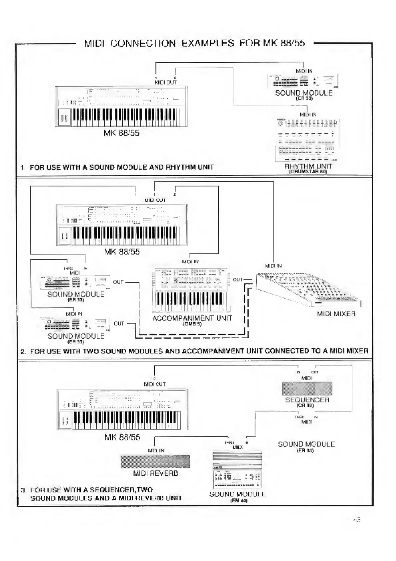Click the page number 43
pyautogui.click(x=357, y=519)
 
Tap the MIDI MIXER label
pyautogui.click(x=336, y=314)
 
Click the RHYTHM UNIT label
pyautogui.click(x=308, y=166)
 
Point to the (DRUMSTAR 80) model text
pyautogui.click(x=308, y=172)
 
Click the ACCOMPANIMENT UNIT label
pyautogui.click(x=192, y=318)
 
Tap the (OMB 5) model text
pyautogui.click(x=192, y=324)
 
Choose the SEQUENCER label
pyautogui.click(x=307, y=400)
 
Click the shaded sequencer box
pyautogui.click(x=307, y=389)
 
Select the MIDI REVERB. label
pyautogui.click(x=156, y=473)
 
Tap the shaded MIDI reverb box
pyautogui.click(x=155, y=461)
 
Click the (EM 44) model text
pyautogui.click(x=238, y=501)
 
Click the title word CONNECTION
pyautogui.click(x=143, y=43)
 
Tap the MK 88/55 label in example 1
pyautogui.click(x=121, y=133)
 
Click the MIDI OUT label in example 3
pyautogui.click(x=154, y=384)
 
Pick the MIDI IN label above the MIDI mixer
pyautogui.click(x=273, y=266)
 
